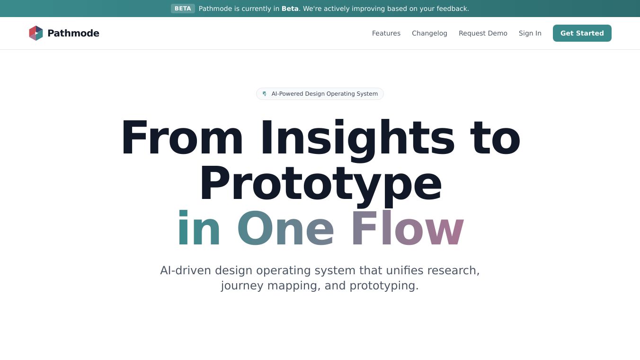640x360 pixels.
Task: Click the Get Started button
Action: pyautogui.click(x=582, y=33)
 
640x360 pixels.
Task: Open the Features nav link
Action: pyautogui.click(x=386, y=33)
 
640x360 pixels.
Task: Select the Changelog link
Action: pyautogui.click(x=429, y=33)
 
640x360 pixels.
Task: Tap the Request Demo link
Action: pyautogui.click(x=483, y=33)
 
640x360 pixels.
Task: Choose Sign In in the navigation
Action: pyautogui.click(x=530, y=33)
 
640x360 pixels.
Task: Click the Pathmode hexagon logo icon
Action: pyautogui.click(x=36, y=33)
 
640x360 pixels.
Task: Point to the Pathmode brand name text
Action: pyautogui.click(x=73, y=33)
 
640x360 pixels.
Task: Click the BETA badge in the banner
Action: pyautogui.click(x=183, y=9)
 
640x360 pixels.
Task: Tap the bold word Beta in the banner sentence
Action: pyautogui.click(x=290, y=9)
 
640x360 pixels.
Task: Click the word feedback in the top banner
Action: pyautogui.click(x=452, y=9)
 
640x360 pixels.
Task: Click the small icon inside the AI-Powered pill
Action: pyautogui.click(x=265, y=94)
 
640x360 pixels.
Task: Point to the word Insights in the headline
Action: pyautogui.click(x=357, y=139)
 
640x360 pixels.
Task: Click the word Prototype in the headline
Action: pyautogui.click(x=320, y=184)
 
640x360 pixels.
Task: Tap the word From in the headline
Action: pyautogui.click(x=182, y=139)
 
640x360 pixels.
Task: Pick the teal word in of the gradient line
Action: pyautogui.click(x=199, y=230)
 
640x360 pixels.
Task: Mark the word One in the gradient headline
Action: pyautogui.click(x=285, y=230)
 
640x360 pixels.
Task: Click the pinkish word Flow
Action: pyautogui.click(x=407, y=230)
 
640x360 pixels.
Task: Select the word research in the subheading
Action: pyautogui.click(x=453, y=270)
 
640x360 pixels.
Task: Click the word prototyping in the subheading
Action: pyautogui.click(x=384, y=286)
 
